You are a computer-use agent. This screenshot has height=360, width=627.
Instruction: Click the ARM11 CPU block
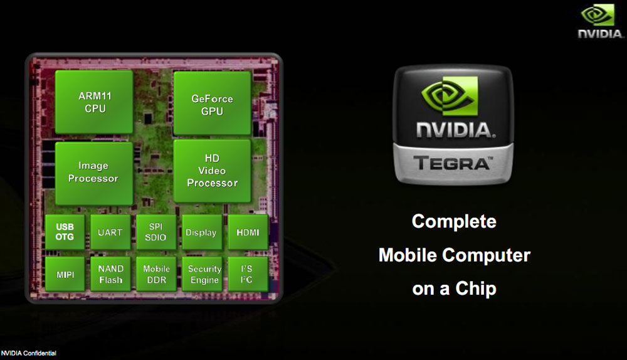pos(93,103)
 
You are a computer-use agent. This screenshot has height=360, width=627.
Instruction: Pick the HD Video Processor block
pos(212,171)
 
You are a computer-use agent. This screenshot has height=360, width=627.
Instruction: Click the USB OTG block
pos(65,232)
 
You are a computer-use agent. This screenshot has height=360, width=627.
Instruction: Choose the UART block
pos(110,232)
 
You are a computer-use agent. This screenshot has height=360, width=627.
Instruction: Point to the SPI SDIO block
pos(156,232)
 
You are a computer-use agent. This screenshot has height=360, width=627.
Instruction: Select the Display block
pos(201,232)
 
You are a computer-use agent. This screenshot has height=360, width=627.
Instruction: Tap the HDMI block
pos(248,232)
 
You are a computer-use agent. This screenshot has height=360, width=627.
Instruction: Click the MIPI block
pos(65,274)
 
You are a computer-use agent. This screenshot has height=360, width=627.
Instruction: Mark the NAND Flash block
pos(110,274)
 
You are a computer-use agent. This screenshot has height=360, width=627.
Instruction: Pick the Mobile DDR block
pos(156,274)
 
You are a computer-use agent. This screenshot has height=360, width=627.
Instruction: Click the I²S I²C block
pos(248,274)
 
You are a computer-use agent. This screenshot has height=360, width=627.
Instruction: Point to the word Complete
pos(454,221)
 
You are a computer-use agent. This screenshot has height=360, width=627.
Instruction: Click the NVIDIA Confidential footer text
pos(29,354)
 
